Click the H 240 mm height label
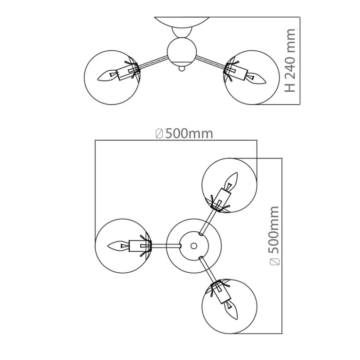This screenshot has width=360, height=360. [290, 60]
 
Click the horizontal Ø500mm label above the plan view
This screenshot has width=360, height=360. [184, 134]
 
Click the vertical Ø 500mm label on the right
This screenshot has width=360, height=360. [274, 236]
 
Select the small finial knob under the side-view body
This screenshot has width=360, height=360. [182, 68]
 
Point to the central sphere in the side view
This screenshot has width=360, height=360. [182, 52]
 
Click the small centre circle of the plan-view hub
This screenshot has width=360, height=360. [194, 246]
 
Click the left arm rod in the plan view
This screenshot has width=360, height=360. [166, 246]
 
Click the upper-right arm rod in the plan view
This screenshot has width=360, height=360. [207, 222]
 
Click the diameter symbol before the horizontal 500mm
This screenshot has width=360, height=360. [159, 134]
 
